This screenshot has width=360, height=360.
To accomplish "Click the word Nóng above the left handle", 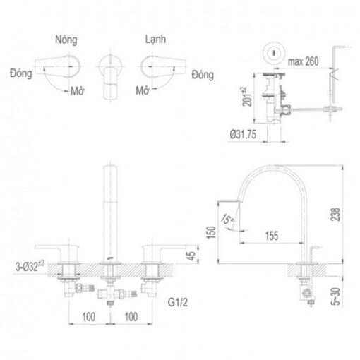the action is pos(66,40).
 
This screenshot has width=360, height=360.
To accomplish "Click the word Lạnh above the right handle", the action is pos(155,40).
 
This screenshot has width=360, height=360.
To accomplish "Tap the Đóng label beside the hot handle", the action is pos(21,73).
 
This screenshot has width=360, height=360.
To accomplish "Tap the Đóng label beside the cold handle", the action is pos(203,75).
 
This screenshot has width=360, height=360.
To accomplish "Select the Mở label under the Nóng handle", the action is pos(78,91).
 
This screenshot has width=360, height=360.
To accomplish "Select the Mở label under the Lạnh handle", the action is pos(143,90).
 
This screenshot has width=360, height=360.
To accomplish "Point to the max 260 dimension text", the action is pos(304,61).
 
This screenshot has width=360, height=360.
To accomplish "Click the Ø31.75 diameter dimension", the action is pos(243,135).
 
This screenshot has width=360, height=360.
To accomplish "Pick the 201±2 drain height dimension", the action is pos(247,97).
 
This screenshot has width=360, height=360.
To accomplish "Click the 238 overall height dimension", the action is pos(335,215).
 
